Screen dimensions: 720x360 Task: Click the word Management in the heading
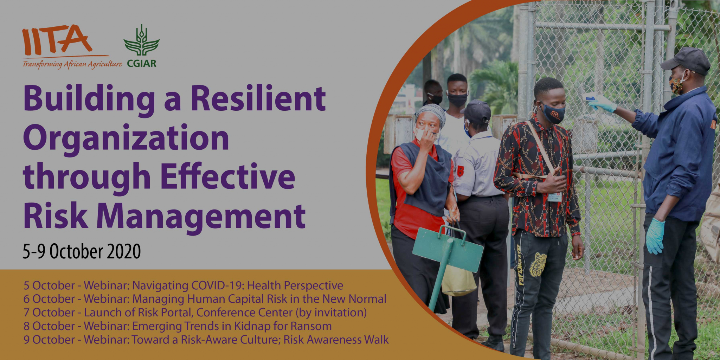tap(201, 217)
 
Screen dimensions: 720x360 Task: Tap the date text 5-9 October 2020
tap(82, 251)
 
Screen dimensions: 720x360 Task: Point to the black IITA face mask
tap(553, 113)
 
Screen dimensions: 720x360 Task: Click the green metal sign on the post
tap(448, 250)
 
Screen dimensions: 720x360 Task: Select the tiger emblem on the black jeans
tap(538, 264)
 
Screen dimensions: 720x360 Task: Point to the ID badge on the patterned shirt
tap(555, 197)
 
